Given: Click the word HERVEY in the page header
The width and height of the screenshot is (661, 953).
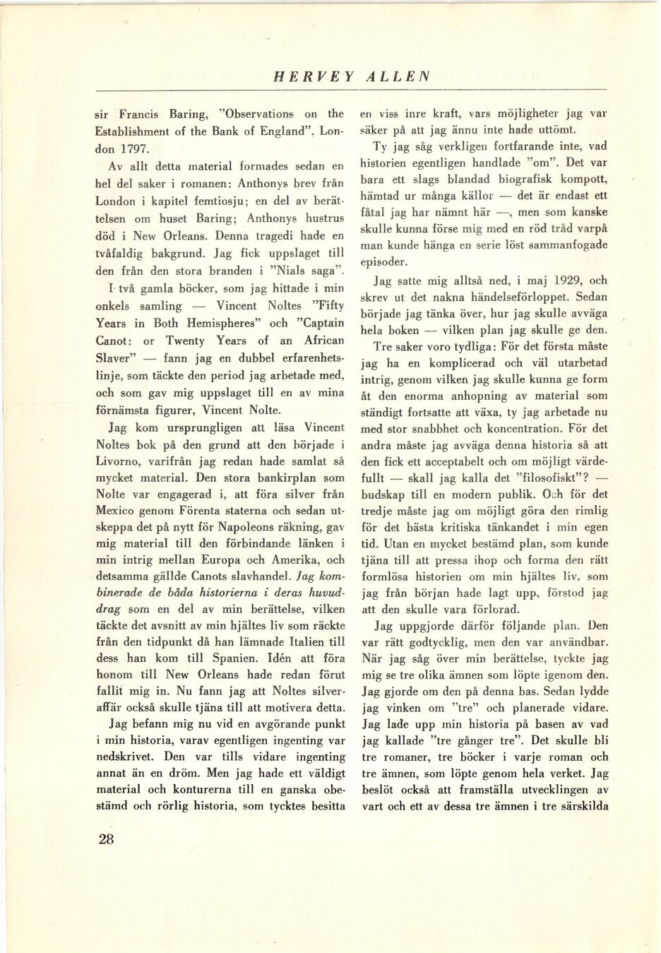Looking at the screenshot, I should tap(314, 77).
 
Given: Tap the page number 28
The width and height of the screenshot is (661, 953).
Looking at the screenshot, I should tap(106, 839).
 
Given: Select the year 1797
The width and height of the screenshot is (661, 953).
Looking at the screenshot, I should tap(133, 149).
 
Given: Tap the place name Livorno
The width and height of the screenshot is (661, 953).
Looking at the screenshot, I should tap(119, 461).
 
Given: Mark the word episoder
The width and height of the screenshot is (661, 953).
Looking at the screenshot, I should tap(384, 262).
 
